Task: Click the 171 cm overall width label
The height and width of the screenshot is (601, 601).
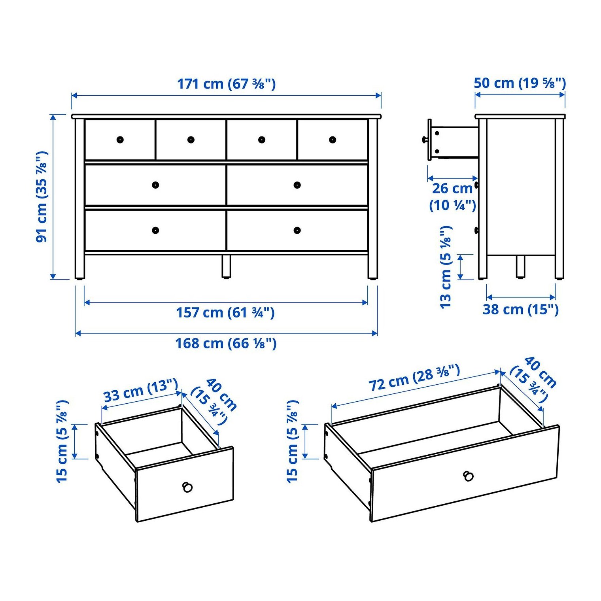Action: click(x=226, y=84)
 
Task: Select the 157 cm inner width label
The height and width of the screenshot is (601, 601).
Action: click(x=225, y=312)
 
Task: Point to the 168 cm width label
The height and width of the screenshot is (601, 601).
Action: click(x=226, y=343)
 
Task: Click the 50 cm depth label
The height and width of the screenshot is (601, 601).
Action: click(x=520, y=83)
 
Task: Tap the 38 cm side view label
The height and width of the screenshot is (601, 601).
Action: click(x=521, y=309)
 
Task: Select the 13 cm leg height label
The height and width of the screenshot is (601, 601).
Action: click(x=446, y=267)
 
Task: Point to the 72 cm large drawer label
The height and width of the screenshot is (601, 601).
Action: click(x=414, y=378)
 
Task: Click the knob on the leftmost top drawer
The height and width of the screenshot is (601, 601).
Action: click(x=120, y=140)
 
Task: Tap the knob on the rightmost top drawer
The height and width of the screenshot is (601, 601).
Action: click(x=333, y=140)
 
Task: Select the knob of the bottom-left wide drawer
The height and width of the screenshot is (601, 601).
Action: click(x=155, y=230)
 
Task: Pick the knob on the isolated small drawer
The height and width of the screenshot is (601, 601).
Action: click(x=187, y=487)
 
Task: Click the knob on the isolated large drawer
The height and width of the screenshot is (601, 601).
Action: click(x=469, y=476)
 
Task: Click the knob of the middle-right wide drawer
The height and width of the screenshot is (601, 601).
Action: click(x=297, y=185)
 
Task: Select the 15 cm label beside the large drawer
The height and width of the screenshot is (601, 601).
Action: click(x=292, y=441)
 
